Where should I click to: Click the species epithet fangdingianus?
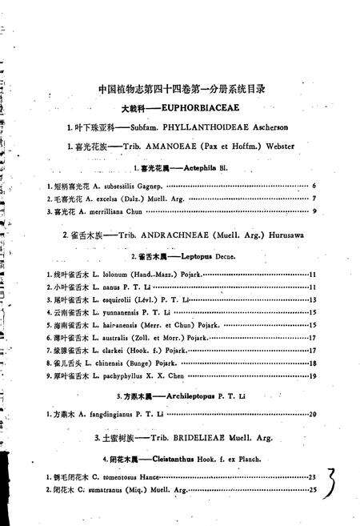pyautogui.click(x=106, y=414)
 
